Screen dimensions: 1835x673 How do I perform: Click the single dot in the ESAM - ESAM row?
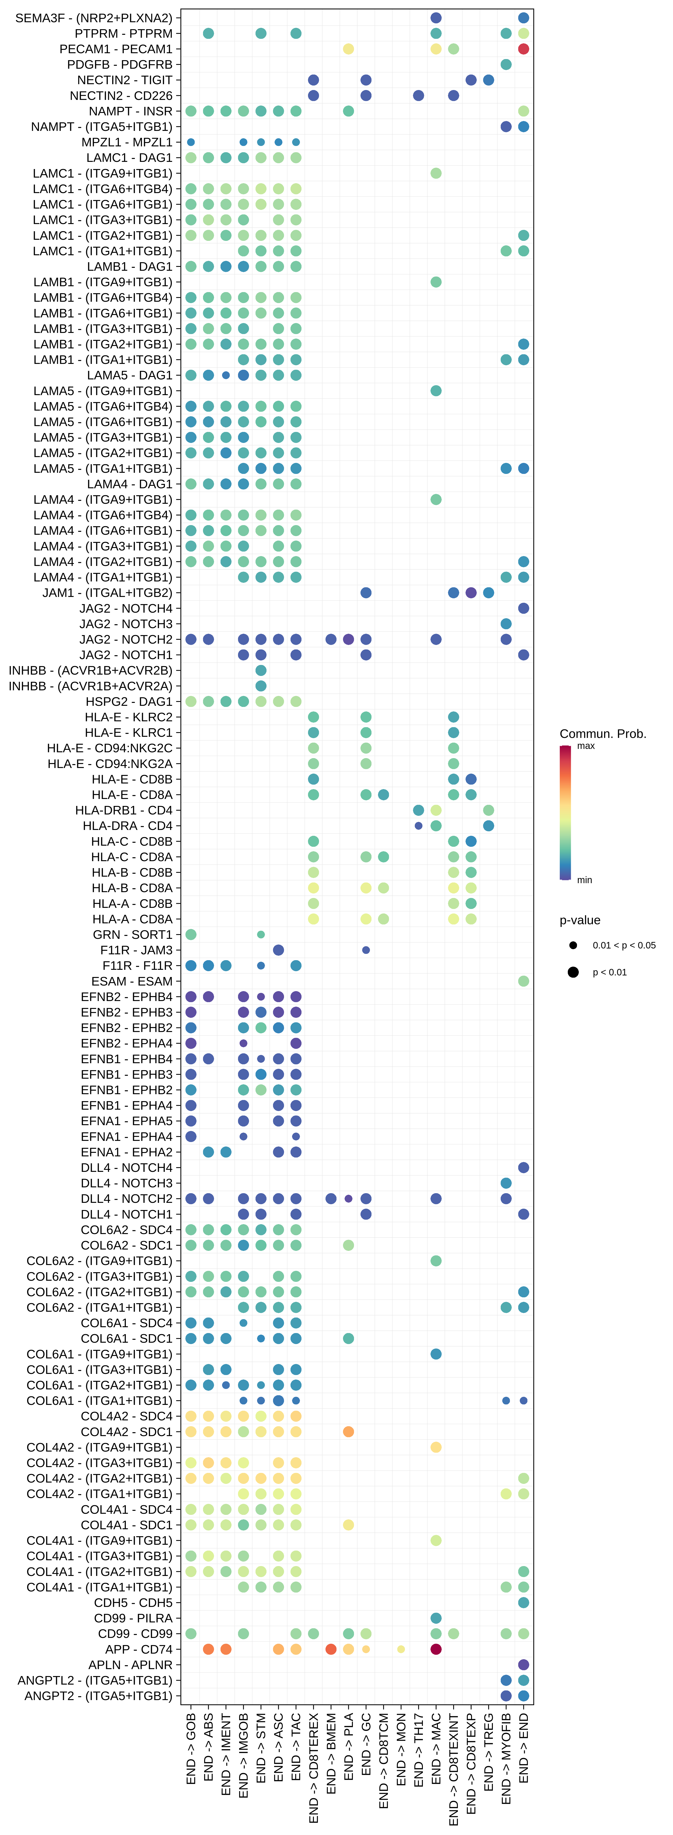point(523,981)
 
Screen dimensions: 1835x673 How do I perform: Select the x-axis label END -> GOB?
point(191,1749)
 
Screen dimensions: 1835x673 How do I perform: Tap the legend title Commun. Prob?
point(603,734)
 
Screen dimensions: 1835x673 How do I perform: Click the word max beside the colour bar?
point(586,746)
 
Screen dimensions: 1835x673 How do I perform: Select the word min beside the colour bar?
point(584,880)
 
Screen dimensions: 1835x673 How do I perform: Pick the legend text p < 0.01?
point(610,972)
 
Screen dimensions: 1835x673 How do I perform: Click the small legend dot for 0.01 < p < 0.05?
point(572,945)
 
